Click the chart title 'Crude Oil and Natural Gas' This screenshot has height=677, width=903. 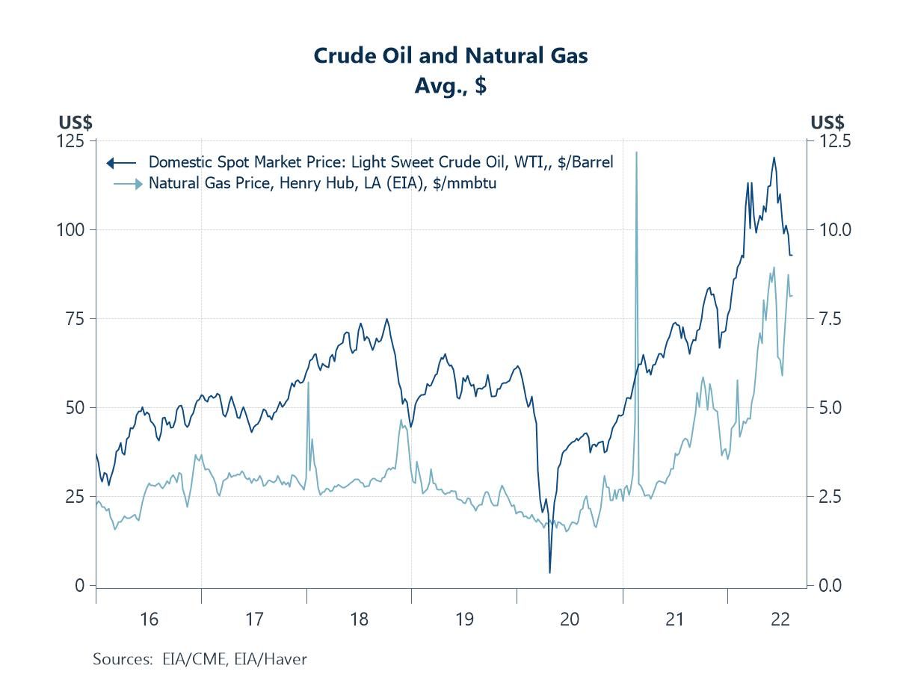(x=450, y=55)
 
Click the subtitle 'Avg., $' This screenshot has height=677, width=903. (x=450, y=85)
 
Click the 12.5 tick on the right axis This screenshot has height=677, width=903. (x=830, y=140)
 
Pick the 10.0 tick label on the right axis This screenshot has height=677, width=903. (x=830, y=229)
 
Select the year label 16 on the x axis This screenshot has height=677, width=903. (x=149, y=619)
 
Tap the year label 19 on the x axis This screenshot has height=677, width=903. (x=464, y=619)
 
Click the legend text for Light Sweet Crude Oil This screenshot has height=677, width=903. (x=381, y=162)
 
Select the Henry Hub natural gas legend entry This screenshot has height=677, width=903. (x=322, y=183)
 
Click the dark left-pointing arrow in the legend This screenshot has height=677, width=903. (x=110, y=162)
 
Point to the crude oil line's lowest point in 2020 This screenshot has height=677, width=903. (x=549, y=572)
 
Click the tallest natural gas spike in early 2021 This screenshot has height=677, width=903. (x=636, y=152)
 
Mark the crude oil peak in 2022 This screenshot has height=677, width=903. (x=774, y=158)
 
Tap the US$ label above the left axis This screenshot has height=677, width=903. (x=75, y=122)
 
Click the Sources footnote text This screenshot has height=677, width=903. (x=200, y=659)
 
